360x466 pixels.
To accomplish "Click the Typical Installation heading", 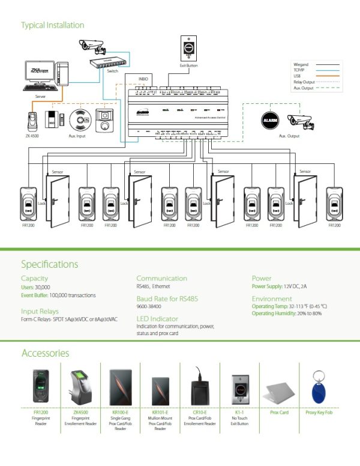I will tap(53, 25).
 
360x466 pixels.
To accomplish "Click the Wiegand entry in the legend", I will tap(301, 64).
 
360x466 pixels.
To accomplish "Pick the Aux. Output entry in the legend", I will tap(304, 88).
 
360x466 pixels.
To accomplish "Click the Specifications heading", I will tap(49, 264).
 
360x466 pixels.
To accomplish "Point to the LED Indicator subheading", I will tap(157, 318).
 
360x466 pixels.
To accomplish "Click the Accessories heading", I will tap(45, 353).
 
